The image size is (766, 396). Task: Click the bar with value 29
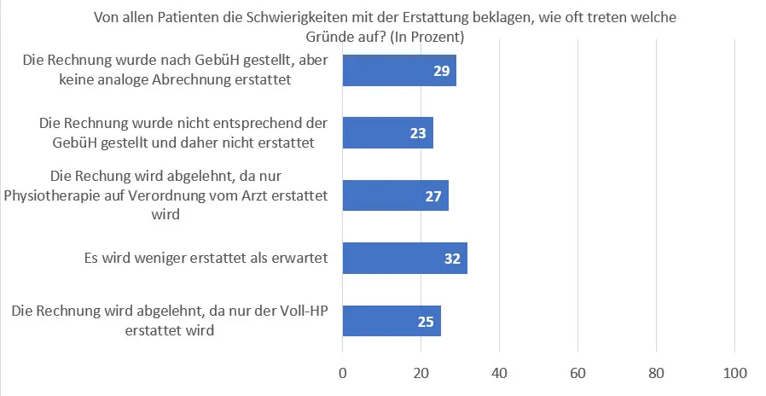point(399,71)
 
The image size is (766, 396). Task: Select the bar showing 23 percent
point(387,133)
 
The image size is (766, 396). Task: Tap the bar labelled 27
point(395,195)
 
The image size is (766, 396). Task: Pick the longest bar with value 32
point(404,258)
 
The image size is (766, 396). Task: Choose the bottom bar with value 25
point(392,320)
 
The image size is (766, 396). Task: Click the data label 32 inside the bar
point(453,258)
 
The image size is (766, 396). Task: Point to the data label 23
point(418,133)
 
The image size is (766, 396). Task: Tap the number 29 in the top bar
point(442,71)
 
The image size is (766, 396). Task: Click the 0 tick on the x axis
point(343,373)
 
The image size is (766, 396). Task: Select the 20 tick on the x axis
point(421,373)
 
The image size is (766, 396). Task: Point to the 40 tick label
point(500,373)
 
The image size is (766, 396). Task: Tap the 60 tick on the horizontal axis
point(578,373)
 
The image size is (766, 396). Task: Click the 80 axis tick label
point(656,373)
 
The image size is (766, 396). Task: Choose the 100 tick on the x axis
point(735,373)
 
